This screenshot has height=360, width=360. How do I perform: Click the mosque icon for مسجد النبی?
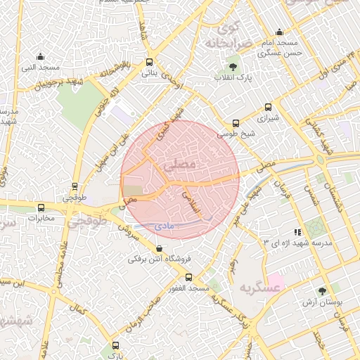coord(40,57)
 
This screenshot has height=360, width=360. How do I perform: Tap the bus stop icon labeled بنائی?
coord(148,62)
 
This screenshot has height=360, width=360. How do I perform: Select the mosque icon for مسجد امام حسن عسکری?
coord(279,32)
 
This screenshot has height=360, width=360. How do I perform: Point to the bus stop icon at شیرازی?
coord(268,108)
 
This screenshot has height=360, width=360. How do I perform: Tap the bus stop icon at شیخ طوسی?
coord(236,122)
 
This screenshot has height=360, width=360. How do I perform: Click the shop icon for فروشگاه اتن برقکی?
coord(160,248)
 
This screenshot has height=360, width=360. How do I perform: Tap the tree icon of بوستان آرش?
coord(322,291)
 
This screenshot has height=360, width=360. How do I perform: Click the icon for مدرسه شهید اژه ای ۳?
coord(297,232)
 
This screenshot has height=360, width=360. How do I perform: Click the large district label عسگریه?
coord(255,289)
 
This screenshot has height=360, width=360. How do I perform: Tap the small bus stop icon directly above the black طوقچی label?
coord(75,187)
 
